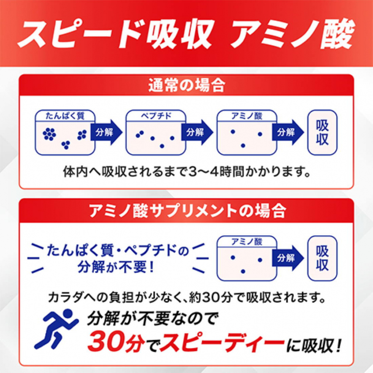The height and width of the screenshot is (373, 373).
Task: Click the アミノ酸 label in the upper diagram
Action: (247, 115)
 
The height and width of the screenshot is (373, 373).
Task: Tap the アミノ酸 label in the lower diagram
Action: (247, 242)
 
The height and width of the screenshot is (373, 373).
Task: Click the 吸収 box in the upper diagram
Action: (322, 132)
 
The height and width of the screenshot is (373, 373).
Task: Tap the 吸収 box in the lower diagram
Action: (322, 258)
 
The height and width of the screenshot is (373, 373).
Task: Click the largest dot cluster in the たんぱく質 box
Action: (48, 134)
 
